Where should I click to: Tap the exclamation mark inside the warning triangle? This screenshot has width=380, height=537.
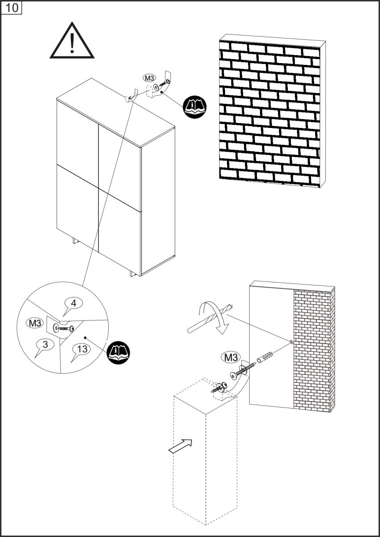tap(72, 44)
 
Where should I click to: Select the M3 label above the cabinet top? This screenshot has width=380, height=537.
tap(149, 77)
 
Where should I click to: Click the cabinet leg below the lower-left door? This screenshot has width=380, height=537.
tap(74, 242)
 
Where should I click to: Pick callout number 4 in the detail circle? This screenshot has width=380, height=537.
tap(74, 303)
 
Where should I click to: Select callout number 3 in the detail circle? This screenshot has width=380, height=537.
tap(46, 345)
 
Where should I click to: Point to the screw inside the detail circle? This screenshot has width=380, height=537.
tap(65, 329)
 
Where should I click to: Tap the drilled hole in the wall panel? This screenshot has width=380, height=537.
tap(292, 342)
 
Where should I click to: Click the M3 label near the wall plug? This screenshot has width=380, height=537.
tap(230, 358)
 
